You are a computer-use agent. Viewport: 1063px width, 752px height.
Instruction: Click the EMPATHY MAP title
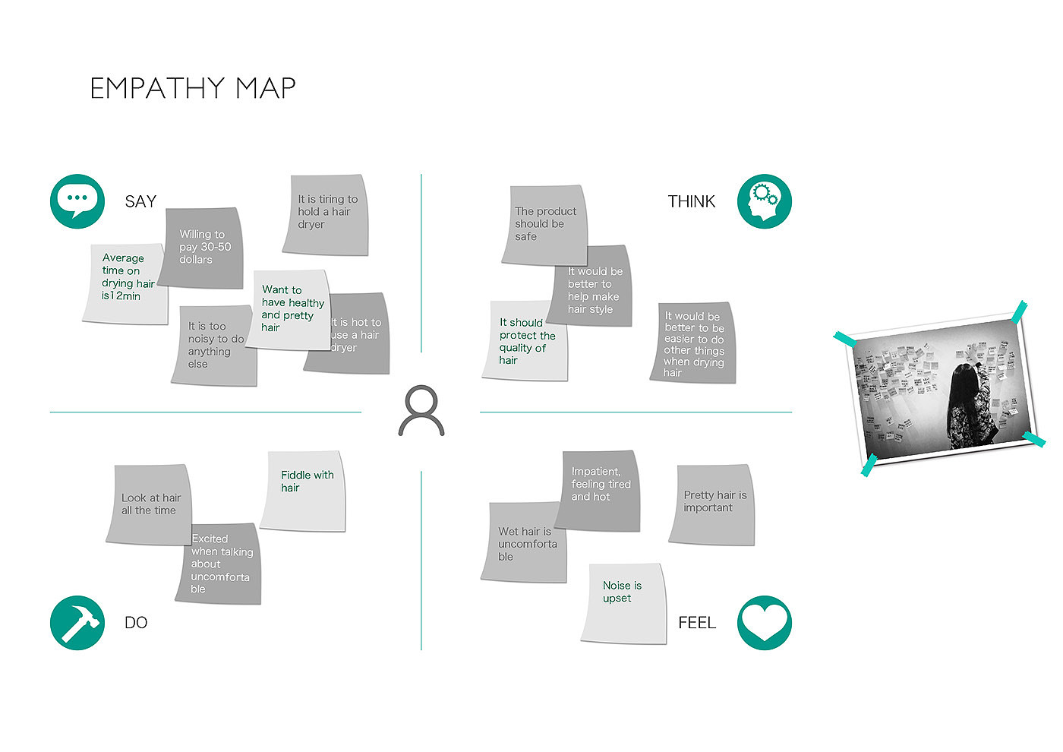pos(193,88)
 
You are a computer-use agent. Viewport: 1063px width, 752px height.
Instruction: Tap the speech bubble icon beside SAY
pos(77,201)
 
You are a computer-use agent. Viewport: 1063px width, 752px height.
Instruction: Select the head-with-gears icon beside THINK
pos(764,201)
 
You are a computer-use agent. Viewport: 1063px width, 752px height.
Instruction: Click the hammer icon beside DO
pos(77,623)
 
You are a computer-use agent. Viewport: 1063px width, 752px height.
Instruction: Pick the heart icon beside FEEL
pos(764,623)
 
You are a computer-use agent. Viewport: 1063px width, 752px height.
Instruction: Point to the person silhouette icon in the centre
pos(421,411)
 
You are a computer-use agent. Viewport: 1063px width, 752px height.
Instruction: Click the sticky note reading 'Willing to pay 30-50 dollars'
pos(203,248)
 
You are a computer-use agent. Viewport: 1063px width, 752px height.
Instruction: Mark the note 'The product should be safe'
pos(544,223)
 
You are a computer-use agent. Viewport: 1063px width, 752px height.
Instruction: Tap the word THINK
pos(691,201)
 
